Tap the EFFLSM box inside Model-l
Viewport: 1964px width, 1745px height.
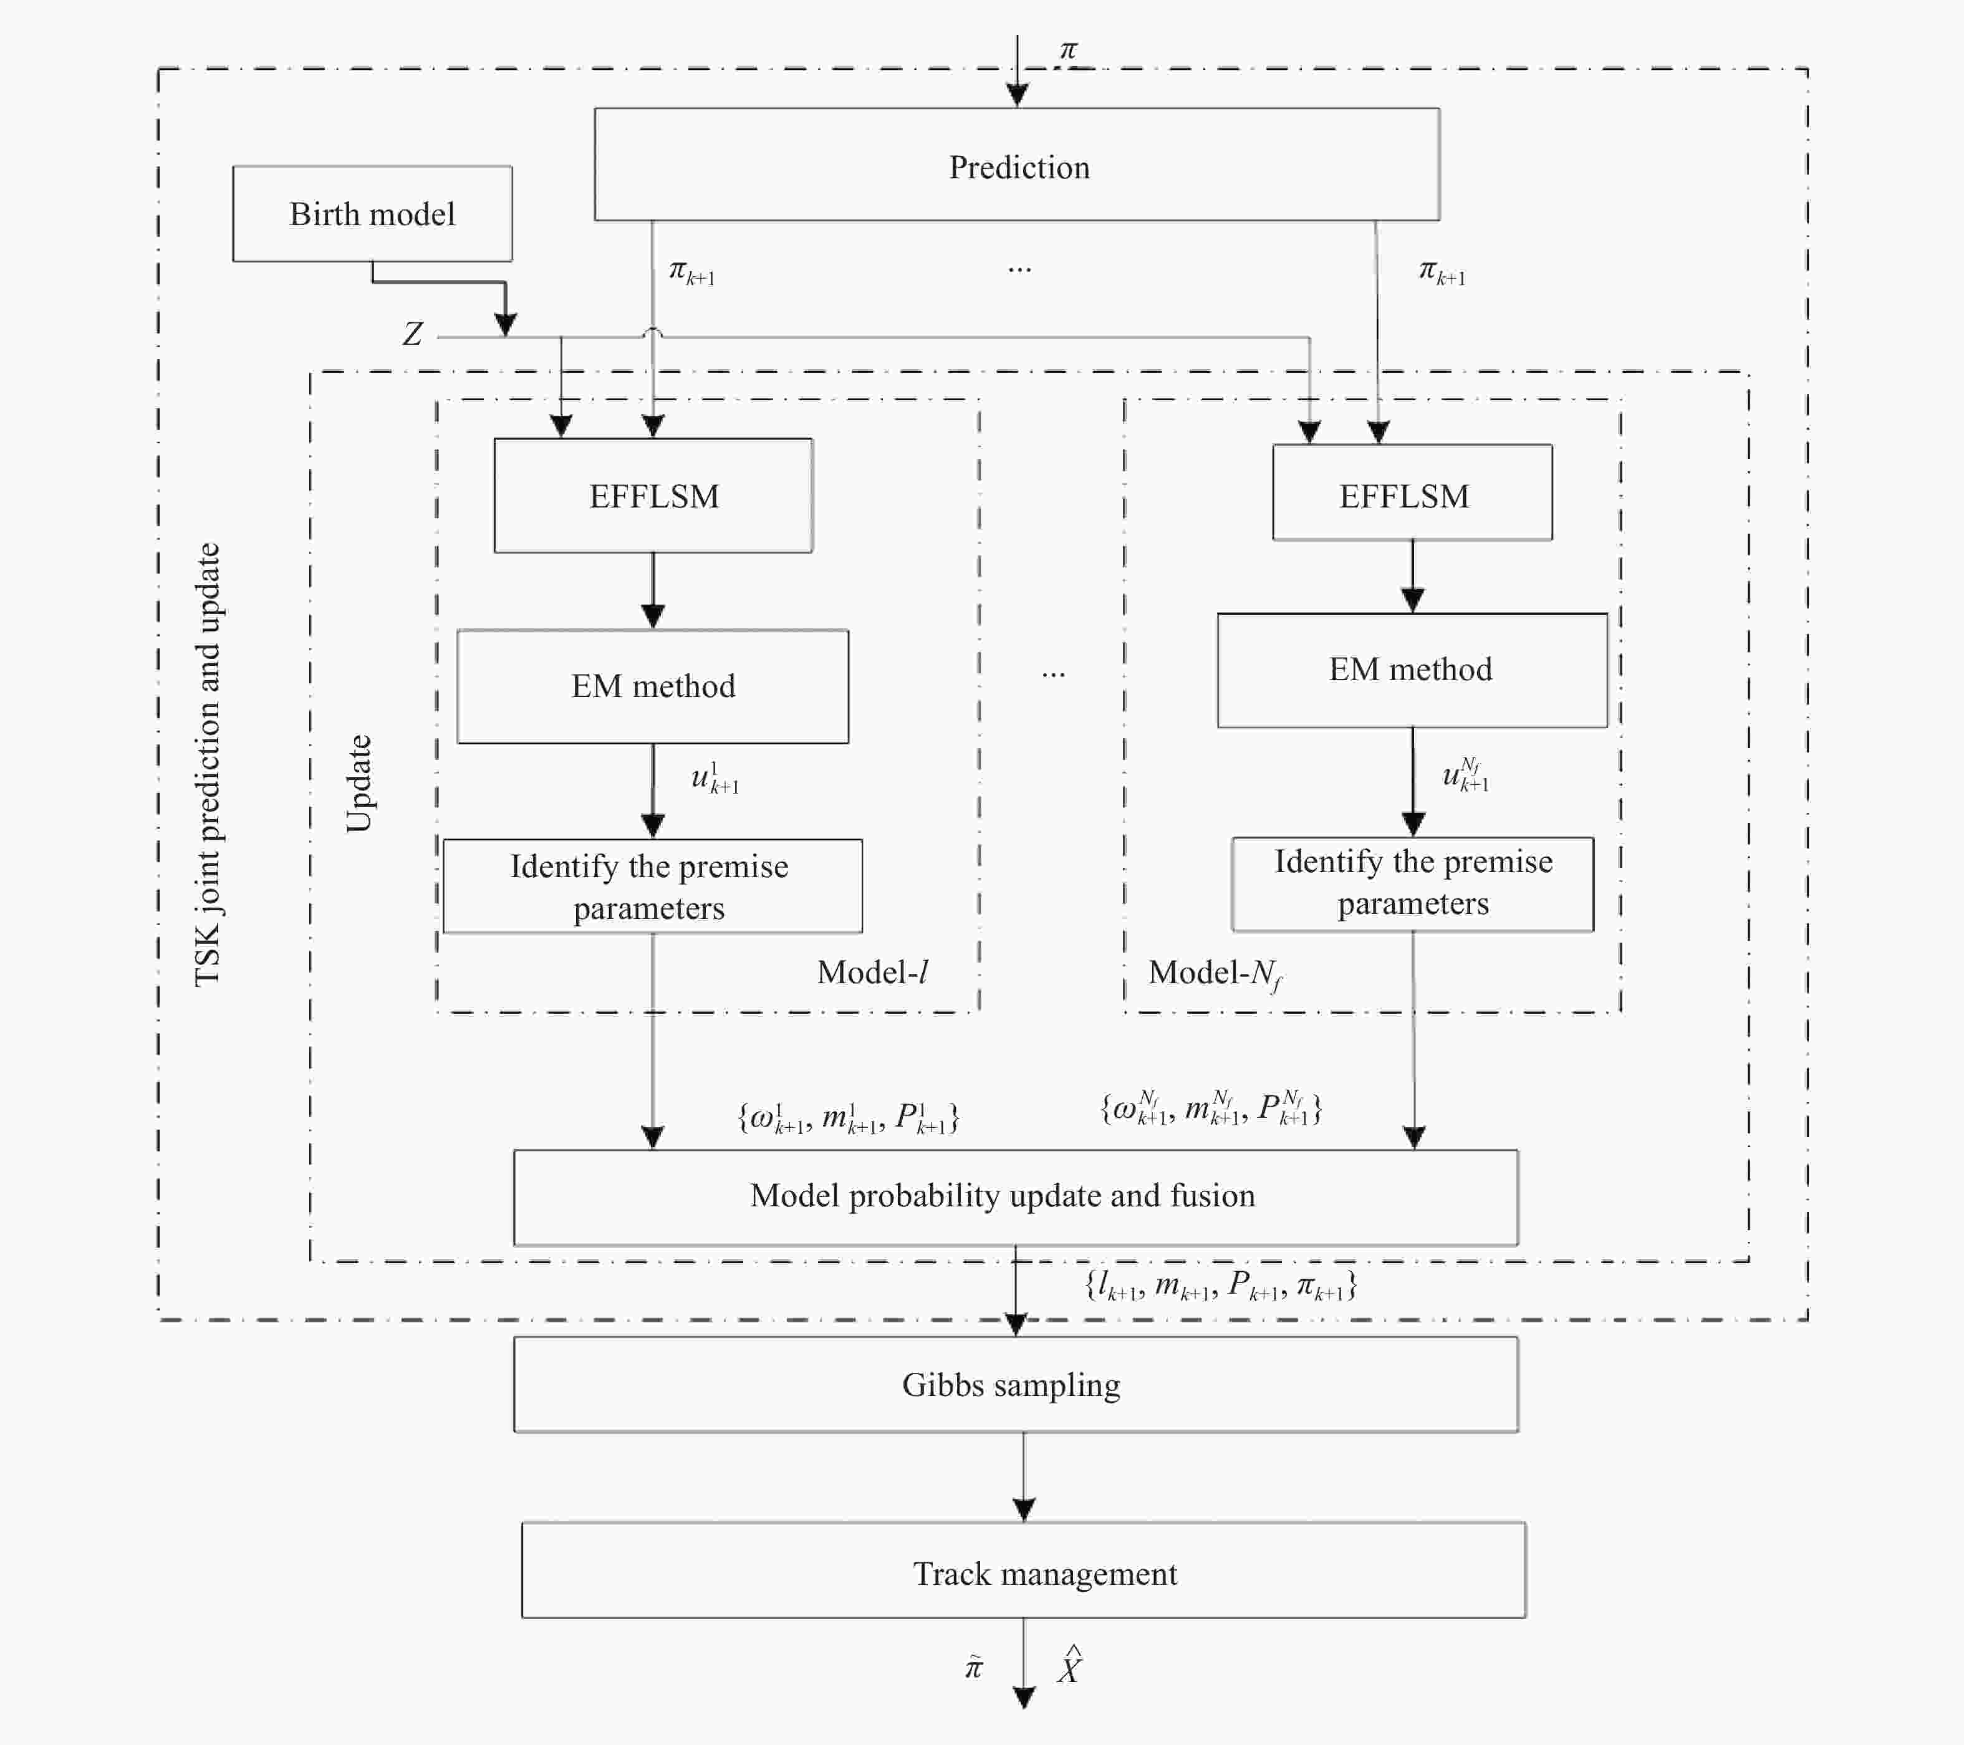653,496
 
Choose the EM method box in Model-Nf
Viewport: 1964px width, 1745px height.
1412,670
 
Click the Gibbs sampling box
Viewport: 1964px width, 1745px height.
1016,1385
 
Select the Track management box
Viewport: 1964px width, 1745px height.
1023,1573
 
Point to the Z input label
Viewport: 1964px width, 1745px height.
412,334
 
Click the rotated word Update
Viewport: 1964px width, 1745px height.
359,783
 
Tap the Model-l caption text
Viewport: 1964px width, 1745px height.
872,973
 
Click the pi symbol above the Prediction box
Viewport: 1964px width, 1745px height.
1069,50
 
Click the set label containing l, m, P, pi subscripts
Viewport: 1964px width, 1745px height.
1220,1286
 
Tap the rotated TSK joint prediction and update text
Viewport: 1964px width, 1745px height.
208,764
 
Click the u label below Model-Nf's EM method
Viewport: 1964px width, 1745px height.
1465,774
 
